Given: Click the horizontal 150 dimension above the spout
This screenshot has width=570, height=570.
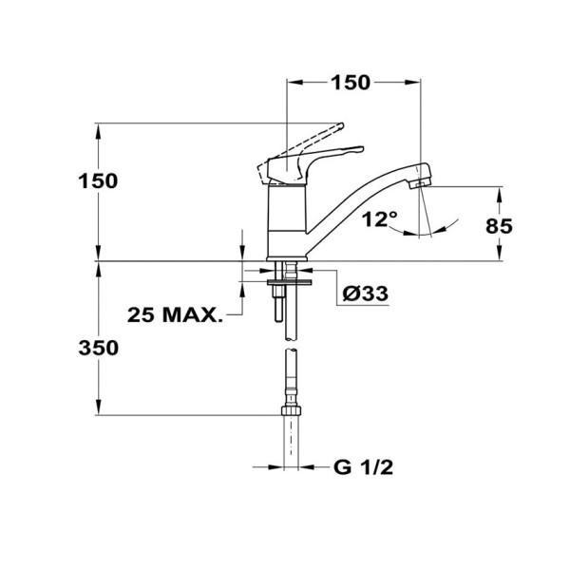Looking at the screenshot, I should pyautogui.click(x=350, y=83).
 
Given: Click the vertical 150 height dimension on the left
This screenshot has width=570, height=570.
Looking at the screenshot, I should pyautogui.click(x=98, y=180).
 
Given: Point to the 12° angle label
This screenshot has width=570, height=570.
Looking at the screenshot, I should pyautogui.click(x=380, y=219).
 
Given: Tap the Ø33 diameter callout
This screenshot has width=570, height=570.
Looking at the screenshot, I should pyautogui.click(x=365, y=294).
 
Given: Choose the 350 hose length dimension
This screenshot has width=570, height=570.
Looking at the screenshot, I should pyautogui.click(x=98, y=348).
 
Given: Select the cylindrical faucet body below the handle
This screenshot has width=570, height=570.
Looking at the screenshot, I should pyautogui.click(x=287, y=218).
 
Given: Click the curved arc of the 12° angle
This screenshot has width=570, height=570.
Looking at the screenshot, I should pyautogui.click(x=446, y=224).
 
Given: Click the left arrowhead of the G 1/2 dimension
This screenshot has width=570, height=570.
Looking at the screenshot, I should pyautogui.click(x=276, y=466).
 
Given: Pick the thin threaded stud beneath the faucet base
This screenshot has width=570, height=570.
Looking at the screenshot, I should pyautogui.click(x=277, y=304).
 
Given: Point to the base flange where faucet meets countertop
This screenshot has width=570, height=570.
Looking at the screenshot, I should pyautogui.click(x=288, y=258).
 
